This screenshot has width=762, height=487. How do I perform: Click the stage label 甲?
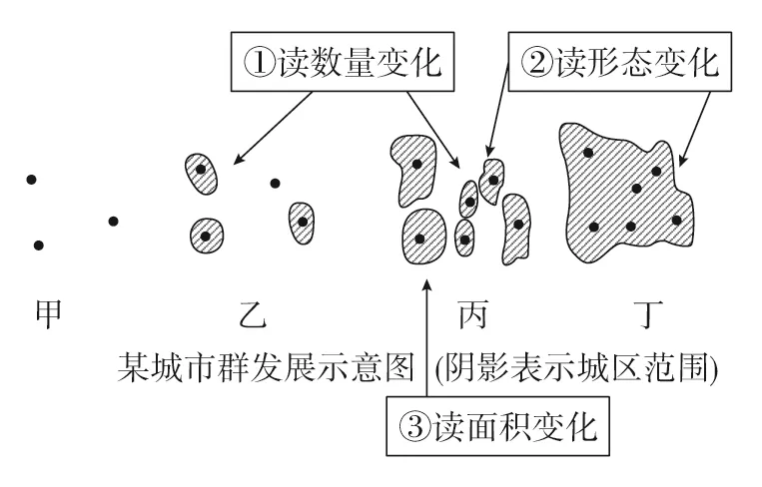(49, 313)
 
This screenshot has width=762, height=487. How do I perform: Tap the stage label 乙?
(254, 314)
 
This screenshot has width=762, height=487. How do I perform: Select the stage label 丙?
(473, 314)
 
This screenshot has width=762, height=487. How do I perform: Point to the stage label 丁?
(649, 314)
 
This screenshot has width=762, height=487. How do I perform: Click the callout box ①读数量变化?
(343, 62)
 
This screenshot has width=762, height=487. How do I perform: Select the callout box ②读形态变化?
(620, 62)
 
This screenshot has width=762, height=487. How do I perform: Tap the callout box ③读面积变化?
(498, 426)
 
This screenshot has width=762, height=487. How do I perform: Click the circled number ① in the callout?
(260, 63)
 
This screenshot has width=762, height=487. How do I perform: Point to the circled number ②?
(537, 63)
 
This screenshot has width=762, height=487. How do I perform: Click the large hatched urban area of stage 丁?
(627, 195)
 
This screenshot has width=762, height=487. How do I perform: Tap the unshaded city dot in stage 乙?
(275, 183)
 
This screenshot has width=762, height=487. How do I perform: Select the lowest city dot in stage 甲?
(38, 245)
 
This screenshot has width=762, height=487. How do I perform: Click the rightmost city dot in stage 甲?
(113, 222)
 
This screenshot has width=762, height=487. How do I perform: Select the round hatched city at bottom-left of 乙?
(207, 236)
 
